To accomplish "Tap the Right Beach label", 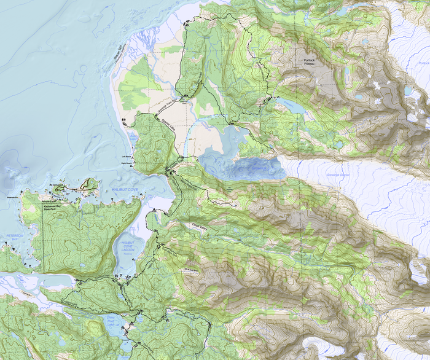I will (x=127, y=164).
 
